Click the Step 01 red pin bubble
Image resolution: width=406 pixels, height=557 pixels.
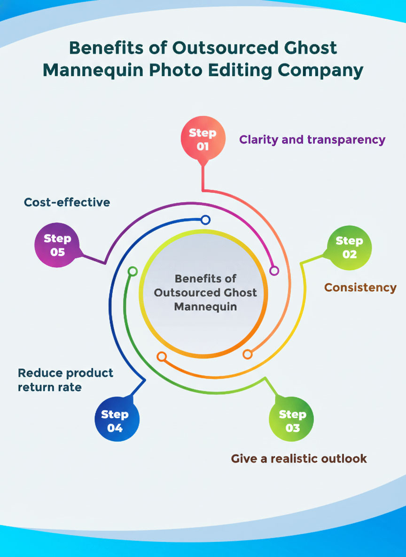203,139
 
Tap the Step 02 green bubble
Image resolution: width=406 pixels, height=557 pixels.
349,247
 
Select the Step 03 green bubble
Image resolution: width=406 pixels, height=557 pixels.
291,421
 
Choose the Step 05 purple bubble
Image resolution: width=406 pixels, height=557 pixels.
57,245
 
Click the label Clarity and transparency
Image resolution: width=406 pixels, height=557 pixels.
312,140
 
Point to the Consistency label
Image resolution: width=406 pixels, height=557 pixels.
360,287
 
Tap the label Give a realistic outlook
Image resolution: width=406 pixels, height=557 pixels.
299,458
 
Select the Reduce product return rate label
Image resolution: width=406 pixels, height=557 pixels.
65,380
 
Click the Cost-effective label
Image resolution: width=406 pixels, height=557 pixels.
67,202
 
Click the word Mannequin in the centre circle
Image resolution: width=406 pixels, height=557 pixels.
205,307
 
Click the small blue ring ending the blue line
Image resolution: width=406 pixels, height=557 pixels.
205,220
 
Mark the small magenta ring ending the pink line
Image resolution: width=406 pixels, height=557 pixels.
274,271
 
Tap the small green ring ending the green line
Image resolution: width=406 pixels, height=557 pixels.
133,271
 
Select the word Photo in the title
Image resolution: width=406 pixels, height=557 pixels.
174,70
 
